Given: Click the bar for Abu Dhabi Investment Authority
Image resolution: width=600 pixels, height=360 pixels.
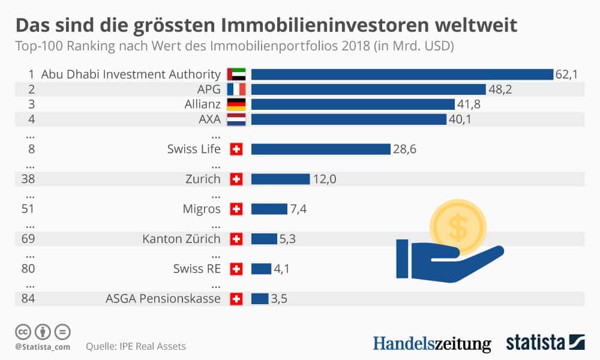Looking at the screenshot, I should (x=401, y=74).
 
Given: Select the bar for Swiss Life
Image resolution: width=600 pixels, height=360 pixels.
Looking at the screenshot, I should (x=321, y=149).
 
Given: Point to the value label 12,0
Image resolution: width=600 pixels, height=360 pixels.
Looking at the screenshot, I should (x=324, y=179).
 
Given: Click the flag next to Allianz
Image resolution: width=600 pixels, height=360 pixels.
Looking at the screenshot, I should (x=236, y=104).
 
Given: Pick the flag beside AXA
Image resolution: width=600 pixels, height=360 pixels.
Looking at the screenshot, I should (x=236, y=119).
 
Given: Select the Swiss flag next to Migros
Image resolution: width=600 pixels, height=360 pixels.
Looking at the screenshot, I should (x=236, y=209).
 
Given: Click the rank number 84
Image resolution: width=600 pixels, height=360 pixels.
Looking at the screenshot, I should (x=28, y=299).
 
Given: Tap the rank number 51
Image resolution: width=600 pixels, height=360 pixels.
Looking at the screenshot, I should (x=28, y=209).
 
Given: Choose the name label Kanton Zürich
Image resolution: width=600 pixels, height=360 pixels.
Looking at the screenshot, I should (x=181, y=239).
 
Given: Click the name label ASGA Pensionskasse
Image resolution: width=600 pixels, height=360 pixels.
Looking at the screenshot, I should (x=163, y=299).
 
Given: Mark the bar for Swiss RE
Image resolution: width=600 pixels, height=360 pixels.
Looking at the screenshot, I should (x=261, y=269).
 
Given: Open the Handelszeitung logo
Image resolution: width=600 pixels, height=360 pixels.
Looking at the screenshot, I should (x=431, y=343).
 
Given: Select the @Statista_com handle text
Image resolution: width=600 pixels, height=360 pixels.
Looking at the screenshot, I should (x=43, y=347).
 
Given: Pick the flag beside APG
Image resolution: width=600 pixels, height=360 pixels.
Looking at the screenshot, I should (x=236, y=89).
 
